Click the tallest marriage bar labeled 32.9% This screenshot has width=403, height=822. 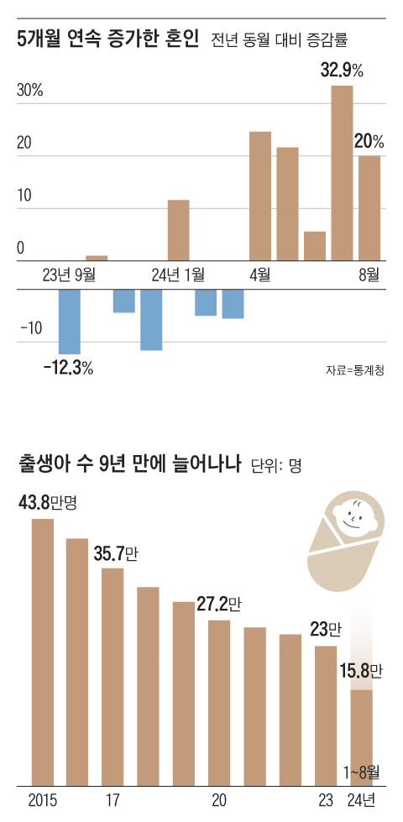pyautogui.click(x=342, y=173)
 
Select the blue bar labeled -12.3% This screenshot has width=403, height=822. pyautogui.click(x=69, y=322)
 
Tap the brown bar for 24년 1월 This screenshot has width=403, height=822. pyautogui.click(x=178, y=230)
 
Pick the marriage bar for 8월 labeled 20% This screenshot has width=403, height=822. pyautogui.click(x=369, y=208)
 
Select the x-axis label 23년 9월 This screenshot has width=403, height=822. pyautogui.click(x=69, y=275)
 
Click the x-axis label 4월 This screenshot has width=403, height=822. pyautogui.click(x=259, y=275)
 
